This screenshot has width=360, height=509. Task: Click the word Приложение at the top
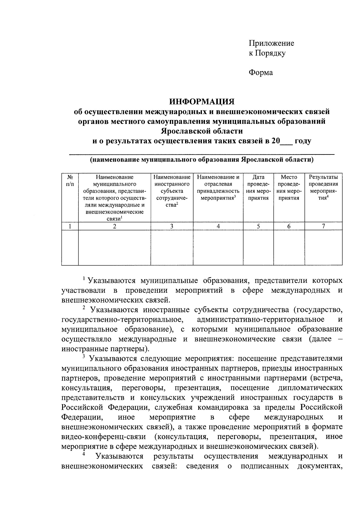click(x=271, y=43)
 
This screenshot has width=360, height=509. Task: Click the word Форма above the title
click(x=261, y=73)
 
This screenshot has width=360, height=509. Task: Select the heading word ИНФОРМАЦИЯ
click(x=202, y=102)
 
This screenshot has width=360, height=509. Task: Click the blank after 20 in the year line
click(x=286, y=141)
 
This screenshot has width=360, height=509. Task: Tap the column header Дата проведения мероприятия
click(x=258, y=187)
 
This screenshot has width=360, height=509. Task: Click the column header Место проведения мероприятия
click(x=289, y=187)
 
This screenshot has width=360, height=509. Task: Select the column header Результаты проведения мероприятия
click(x=323, y=187)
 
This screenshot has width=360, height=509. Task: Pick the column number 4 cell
click(x=218, y=226)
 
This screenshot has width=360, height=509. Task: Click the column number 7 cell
click(x=323, y=226)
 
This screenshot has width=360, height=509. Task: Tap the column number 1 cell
click(x=70, y=226)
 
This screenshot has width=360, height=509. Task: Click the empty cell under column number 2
click(x=114, y=248)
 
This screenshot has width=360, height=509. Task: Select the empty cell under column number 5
click(x=258, y=248)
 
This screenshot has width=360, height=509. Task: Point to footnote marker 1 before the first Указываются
click(x=85, y=279)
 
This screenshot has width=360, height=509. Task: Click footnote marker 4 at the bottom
click(x=84, y=454)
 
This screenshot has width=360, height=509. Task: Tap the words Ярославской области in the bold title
click(x=202, y=131)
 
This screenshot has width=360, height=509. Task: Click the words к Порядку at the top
click(x=267, y=53)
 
